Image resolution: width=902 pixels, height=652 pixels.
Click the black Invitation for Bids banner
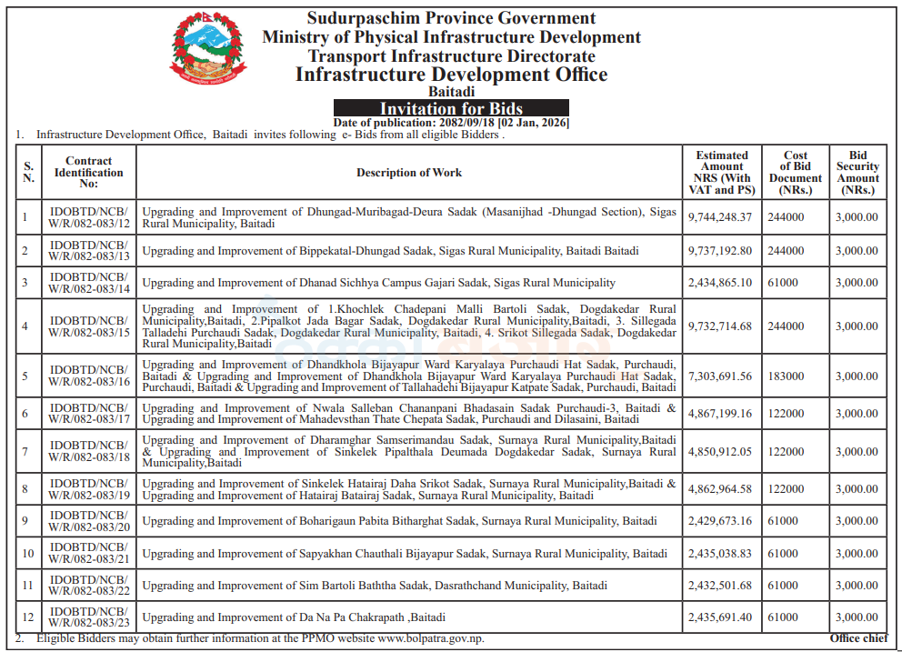coord(451,109)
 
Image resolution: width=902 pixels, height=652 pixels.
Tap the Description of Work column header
coord(408,173)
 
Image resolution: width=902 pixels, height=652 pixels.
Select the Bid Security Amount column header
coord(857,173)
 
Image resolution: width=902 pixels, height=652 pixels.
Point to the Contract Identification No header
coord(88,173)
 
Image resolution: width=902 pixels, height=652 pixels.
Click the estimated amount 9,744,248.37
coord(721,217)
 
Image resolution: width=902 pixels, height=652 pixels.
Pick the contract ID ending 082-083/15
coord(88,326)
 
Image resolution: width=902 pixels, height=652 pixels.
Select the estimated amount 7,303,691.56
coord(721,376)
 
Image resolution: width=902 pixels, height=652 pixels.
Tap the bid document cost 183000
coord(786,376)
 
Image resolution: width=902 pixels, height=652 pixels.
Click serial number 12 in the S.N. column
coord(28,617)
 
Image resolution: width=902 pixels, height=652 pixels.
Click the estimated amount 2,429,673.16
coord(721,521)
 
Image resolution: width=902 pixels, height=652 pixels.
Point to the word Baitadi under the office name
coord(451,92)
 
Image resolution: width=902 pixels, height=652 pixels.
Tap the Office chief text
coord(858,638)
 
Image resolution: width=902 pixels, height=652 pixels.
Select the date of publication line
coord(451,123)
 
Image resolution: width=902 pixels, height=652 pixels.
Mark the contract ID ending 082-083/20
coord(88,521)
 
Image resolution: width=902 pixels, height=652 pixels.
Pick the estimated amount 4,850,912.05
coord(721,452)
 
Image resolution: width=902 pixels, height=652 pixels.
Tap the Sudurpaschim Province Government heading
coord(451,18)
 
